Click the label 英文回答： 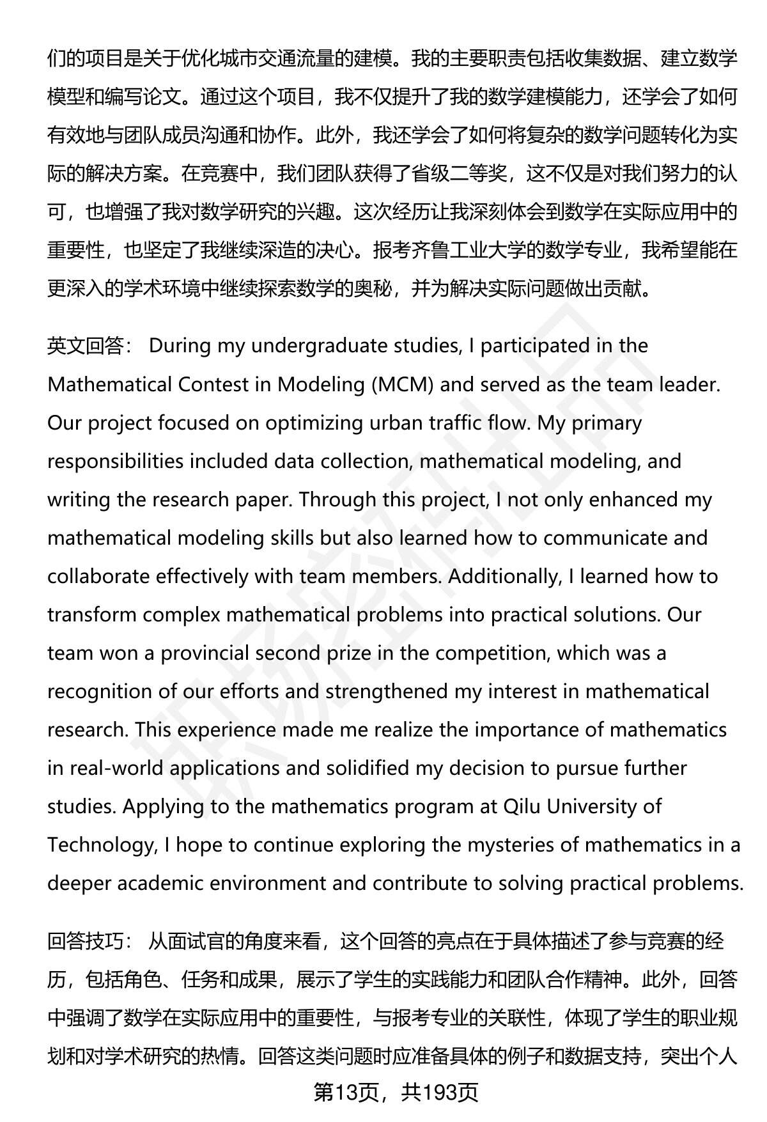coord(89,347)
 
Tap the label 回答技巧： coord(89,942)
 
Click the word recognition coord(100,692)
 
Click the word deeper coord(79,884)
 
